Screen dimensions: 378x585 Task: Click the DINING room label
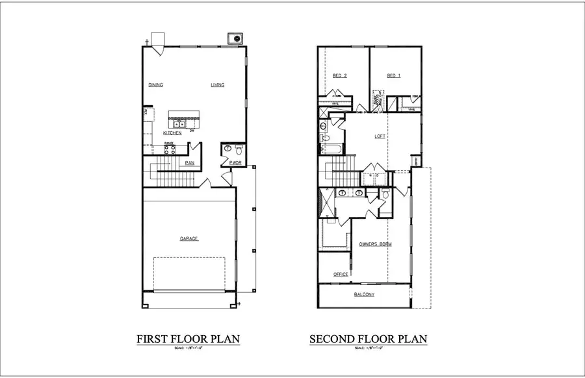(x=155, y=85)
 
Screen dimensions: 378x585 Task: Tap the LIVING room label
(x=217, y=85)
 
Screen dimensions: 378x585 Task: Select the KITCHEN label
(x=172, y=133)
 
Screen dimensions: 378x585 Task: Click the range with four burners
(x=170, y=149)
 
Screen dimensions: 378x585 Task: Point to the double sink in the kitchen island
(x=179, y=123)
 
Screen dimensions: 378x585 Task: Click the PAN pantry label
(x=190, y=163)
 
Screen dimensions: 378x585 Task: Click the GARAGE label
(x=189, y=239)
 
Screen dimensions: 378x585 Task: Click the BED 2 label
(x=339, y=76)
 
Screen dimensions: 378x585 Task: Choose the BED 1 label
(x=393, y=76)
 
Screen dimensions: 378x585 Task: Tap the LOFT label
(x=380, y=136)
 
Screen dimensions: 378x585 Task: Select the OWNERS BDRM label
(x=375, y=244)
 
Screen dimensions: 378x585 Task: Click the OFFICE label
(x=341, y=274)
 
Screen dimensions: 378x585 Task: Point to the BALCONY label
(x=364, y=295)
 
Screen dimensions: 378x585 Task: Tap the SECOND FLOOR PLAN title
(x=368, y=339)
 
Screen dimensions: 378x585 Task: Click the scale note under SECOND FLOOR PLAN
(x=368, y=349)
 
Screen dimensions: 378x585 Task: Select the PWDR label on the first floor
(x=227, y=163)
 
